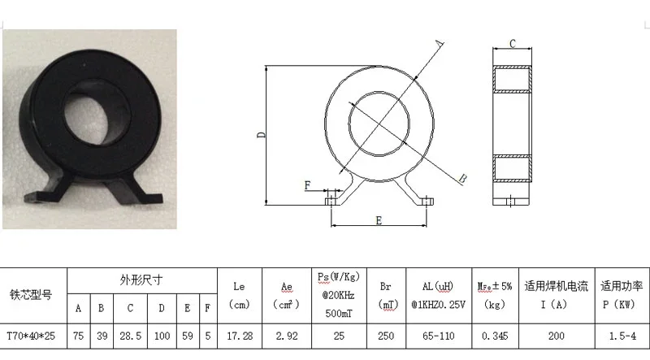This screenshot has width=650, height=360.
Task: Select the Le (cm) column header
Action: (x=239, y=295)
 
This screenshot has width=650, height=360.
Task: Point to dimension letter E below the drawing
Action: (x=379, y=221)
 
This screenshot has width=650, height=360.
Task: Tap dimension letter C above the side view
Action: (x=513, y=42)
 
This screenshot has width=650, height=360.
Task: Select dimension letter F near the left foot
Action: (x=308, y=186)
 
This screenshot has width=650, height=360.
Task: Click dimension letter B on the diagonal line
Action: (x=461, y=177)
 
